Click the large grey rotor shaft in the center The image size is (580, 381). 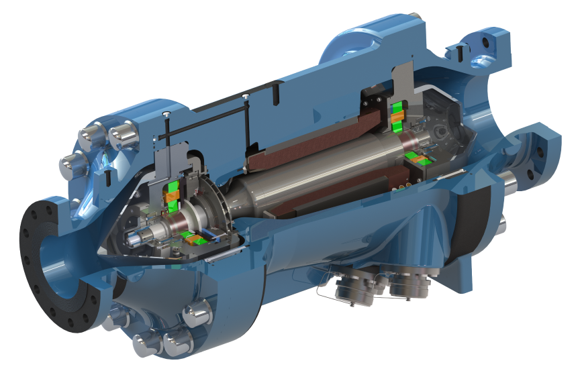point(302,181)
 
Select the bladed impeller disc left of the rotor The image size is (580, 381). point(213,201)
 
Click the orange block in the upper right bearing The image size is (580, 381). point(397,117)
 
